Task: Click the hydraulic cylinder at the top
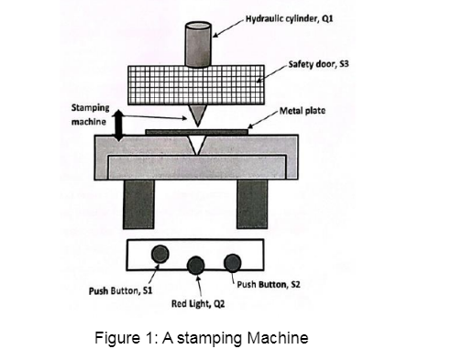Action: point(198,44)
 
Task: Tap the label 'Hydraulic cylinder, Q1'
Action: point(289,19)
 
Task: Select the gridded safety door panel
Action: point(196,85)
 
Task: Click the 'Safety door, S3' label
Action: point(318,64)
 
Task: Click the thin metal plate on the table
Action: point(196,132)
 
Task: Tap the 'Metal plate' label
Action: point(303,111)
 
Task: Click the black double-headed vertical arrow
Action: point(118,125)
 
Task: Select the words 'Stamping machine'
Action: point(90,115)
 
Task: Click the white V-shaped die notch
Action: point(197,144)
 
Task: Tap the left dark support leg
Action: point(138,204)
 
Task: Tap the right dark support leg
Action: point(252,204)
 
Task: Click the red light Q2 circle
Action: point(195,266)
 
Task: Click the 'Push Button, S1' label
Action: point(120,290)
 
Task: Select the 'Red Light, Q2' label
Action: point(198,304)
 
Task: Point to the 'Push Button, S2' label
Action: point(269,285)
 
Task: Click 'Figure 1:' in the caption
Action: point(126,338)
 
